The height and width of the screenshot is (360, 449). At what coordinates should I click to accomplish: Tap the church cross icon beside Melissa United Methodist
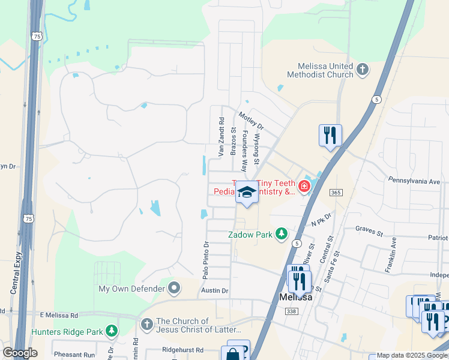click(362, 70)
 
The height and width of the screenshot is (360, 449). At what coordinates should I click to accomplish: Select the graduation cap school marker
click(246, 193)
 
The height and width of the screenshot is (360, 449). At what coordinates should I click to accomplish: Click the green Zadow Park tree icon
click(281, 234)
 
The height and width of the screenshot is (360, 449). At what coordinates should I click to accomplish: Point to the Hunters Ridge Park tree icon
click(111, 331)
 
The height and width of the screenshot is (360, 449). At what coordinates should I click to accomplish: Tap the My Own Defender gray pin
click(175, 289)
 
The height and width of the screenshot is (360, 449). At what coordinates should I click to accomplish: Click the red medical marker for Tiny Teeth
click(304, 187)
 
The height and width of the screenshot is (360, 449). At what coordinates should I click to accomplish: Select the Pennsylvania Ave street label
click(414, 180)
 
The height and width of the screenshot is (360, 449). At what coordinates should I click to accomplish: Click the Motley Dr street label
click(251, 121)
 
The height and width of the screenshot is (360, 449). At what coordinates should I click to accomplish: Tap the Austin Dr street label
click(215, 290)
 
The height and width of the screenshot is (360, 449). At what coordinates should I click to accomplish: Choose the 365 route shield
click(336, 192)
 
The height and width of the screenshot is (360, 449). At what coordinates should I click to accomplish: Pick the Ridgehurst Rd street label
click(182, 349)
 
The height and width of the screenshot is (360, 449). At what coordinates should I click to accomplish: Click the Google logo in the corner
click(20, 353)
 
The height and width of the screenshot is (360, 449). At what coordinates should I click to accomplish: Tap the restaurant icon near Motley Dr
click(330, 135)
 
